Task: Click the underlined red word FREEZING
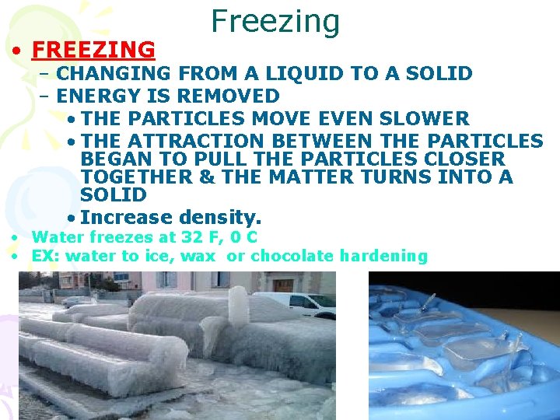[93, 50]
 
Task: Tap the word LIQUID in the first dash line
[298, 74]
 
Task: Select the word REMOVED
[237, 96]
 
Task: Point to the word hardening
[387, 256]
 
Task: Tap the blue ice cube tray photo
[464, 346]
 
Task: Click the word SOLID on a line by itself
[114, 194]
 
